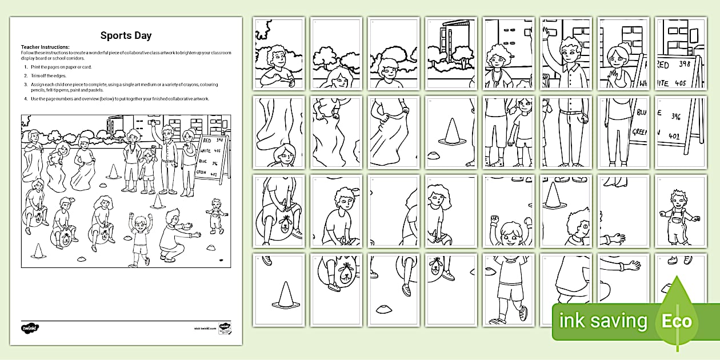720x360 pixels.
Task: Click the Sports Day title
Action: (x=126, y=35)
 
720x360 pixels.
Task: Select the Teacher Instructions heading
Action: (x=45, y=47)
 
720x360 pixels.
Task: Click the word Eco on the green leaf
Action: (x=677, y=321)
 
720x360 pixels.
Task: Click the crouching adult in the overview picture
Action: (x=173, y=235)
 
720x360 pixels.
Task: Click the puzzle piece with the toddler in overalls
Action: (x=680, y=211)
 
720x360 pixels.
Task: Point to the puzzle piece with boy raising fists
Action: (x=507, y=211)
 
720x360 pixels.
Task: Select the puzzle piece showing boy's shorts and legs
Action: (x=507, y=290)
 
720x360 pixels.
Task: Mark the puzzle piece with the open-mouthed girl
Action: (x=450, y=211)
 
